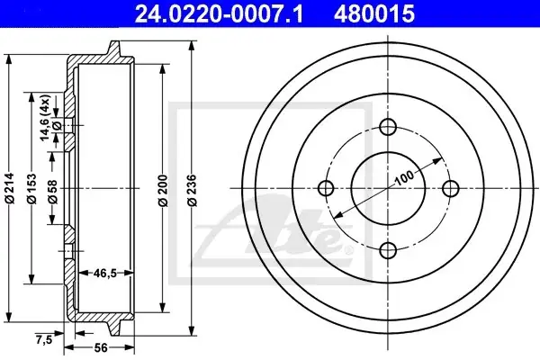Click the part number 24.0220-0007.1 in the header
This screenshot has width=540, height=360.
[220, 13]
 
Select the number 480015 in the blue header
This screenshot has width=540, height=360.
[374, 13]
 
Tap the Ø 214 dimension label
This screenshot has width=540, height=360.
[10, 188]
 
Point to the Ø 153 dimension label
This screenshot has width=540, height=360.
[31, 188]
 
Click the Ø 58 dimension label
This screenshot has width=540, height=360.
[53, 191]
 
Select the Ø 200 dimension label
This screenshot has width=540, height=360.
[163, 191]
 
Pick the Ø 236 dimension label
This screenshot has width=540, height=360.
[193, 191]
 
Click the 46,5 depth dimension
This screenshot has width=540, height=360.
[105, 274]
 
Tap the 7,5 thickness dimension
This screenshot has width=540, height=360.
[44, 339]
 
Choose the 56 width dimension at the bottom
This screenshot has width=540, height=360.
[101, 348]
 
